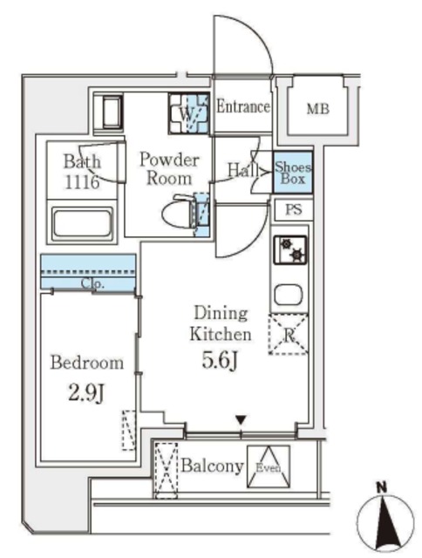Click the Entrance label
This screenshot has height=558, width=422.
click(x=243, y=106)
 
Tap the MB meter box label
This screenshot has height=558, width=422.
click(x=318, y=108)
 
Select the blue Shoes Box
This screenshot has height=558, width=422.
click(x=293, y=173)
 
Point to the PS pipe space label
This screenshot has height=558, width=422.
click(x=294, y=210)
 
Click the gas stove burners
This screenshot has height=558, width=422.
click(x=290, y=249)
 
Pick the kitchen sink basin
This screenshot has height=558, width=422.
click(x=289, y=295)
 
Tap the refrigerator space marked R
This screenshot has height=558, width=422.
click(x=289, y=334)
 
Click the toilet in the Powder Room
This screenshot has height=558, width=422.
click(x=180, y=213)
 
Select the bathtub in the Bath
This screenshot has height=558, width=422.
click(x=82, y=223)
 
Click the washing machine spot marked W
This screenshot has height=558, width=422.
click(x=188, y=114)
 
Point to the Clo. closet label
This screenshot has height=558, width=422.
click(x=92, y=283)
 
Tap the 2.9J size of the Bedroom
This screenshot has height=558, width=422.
click(x=86, y=393)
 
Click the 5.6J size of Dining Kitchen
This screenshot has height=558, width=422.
click(x=220, y=360)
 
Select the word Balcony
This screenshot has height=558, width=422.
click(x=213, y=466)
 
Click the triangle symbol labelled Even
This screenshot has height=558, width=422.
click(x=269, y=466)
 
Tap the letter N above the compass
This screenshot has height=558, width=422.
click(x=383, y=487)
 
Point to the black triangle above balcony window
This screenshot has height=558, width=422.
click(x=242, y=420)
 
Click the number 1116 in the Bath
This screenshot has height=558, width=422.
click(x=82, y=182)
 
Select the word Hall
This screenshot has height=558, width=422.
click(x=243, y=170)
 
